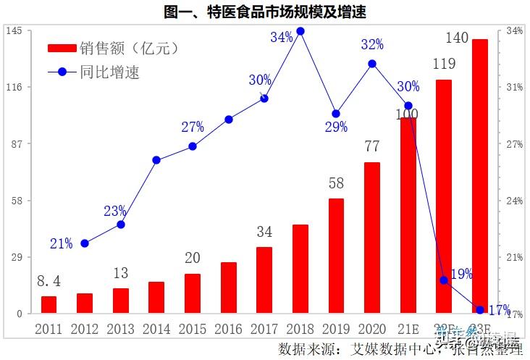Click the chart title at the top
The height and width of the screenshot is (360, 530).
(265, 12)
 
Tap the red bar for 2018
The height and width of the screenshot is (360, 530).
(300, 269)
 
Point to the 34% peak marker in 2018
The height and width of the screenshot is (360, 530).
(300, 31)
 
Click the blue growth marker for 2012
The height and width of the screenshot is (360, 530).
(85, 243)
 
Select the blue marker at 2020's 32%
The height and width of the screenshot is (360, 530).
(372, 64)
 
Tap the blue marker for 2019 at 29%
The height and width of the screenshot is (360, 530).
(336, 114)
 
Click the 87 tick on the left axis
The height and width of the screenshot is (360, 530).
(16, 144)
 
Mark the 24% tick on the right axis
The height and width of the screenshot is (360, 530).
(515, 201)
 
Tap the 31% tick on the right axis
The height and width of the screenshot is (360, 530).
(515, 88)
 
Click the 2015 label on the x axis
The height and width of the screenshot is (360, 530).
(192, 330)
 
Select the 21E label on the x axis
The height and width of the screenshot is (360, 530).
(408, 330)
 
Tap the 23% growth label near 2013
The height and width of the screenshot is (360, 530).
(115, 211)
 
